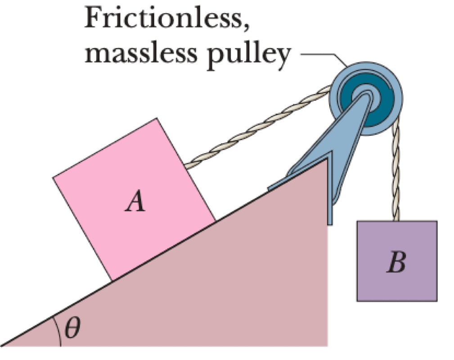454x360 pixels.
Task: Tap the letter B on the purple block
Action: click(396, 262)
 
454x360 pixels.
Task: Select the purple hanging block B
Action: click(396, 261)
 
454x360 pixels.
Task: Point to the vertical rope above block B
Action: click(396, 175)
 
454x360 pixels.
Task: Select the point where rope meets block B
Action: click(396, 220)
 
